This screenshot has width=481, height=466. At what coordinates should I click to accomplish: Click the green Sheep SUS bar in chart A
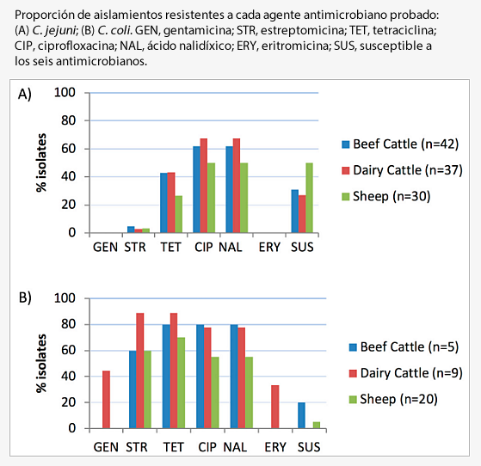click(x=309, y=198)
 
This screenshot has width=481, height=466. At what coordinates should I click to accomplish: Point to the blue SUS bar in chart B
click(x=301, y=415)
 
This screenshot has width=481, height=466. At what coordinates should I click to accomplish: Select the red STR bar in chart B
click(x=140, y=371)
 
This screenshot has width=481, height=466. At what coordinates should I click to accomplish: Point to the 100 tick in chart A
click(x=65, y=93)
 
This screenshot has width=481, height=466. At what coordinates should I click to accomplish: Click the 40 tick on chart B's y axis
click(x=69, y=377)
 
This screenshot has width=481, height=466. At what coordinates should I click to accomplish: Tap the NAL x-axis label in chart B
click(x=235, y=447)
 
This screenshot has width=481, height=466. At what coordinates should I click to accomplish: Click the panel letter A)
click(x=25, y=95)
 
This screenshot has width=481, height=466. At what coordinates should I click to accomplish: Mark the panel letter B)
click(x=25, y=298)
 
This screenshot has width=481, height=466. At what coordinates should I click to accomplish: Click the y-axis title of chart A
click(x=41, y=163)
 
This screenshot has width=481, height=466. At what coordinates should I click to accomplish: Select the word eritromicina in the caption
click(x=298, y=46)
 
